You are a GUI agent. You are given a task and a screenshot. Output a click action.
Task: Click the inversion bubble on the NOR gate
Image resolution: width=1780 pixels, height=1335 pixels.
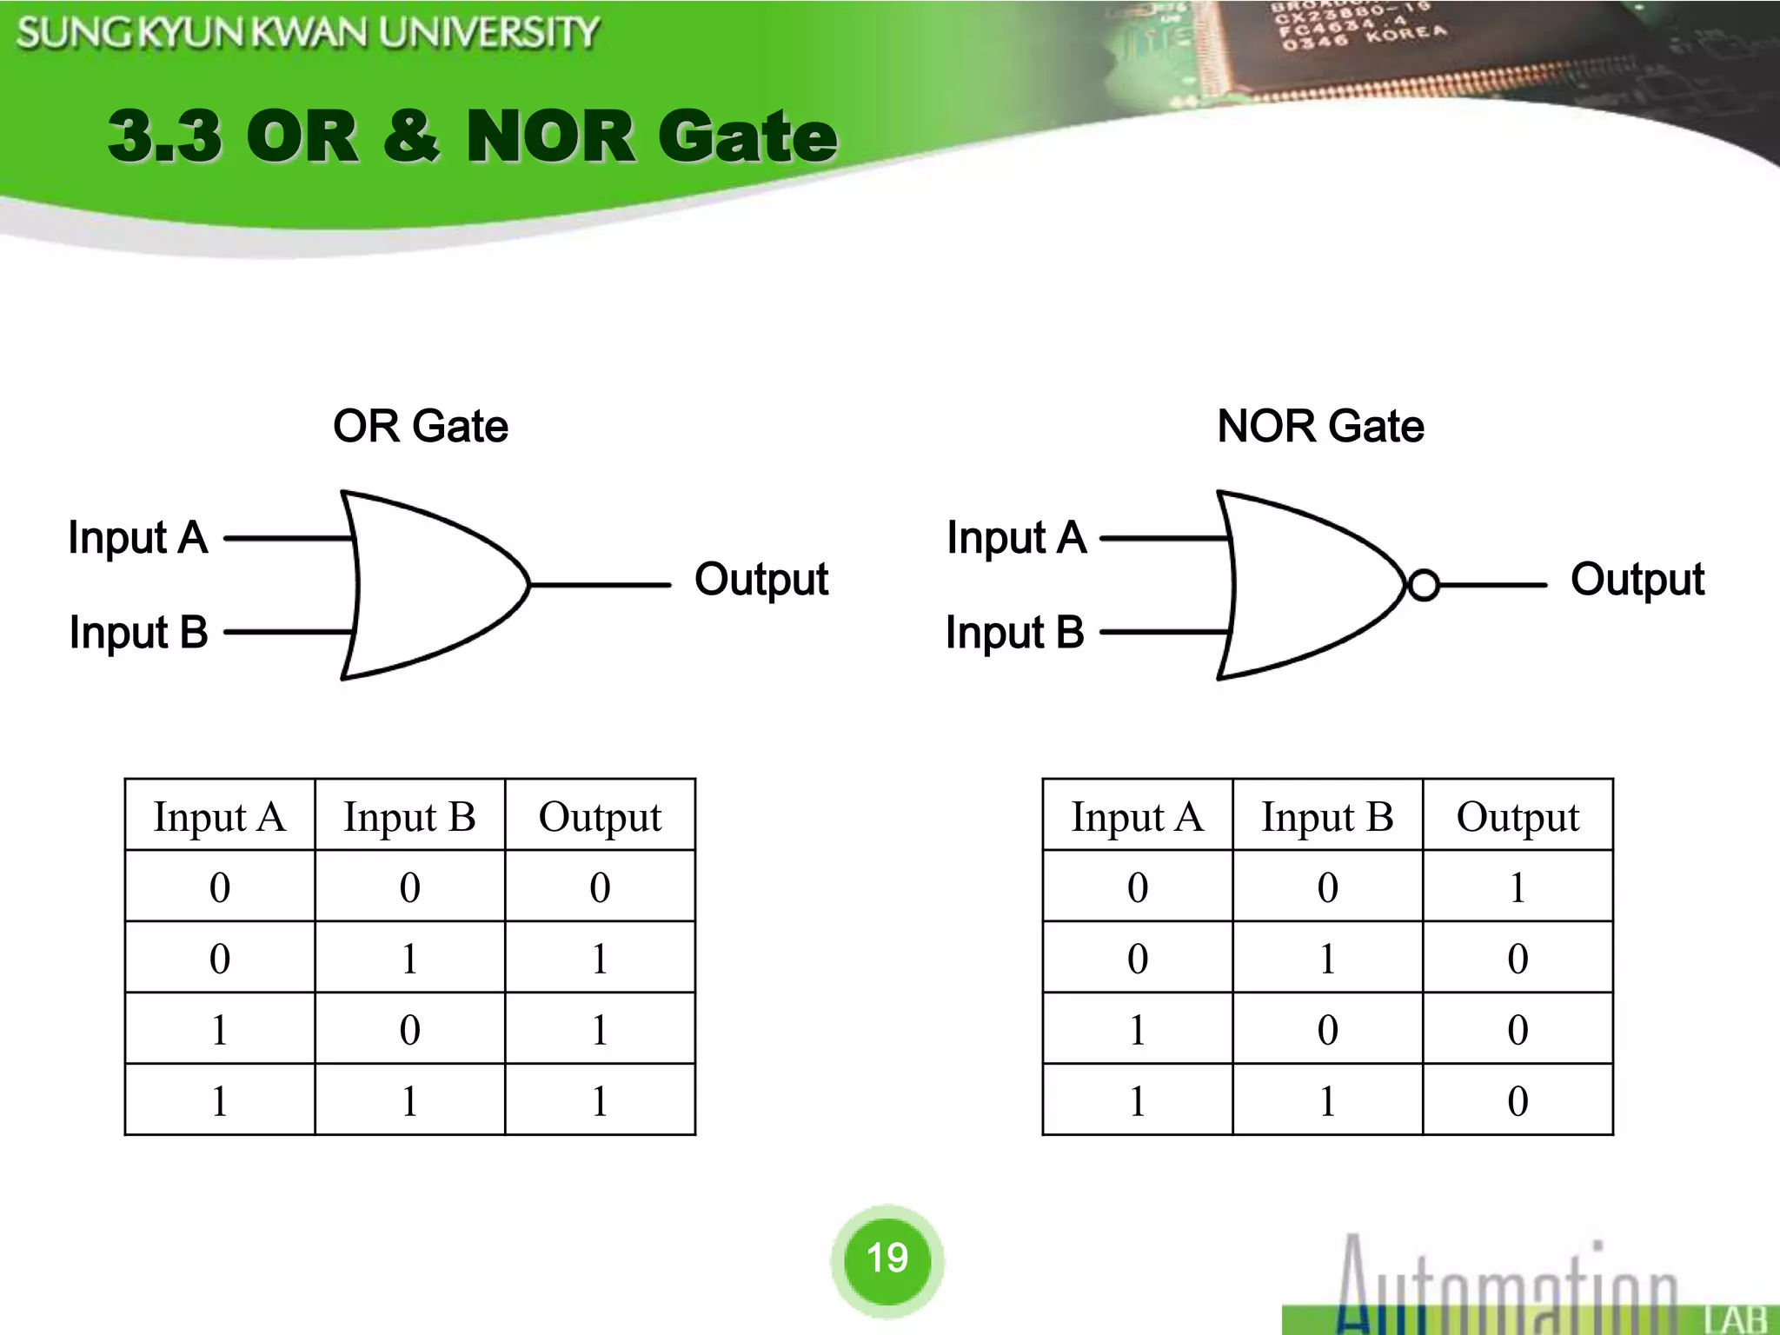[1423, 585]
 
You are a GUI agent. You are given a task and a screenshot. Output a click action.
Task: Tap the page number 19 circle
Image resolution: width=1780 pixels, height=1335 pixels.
[887, 1258]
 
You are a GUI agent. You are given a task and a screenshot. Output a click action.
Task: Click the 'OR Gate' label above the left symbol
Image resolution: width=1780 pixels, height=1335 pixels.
[421, 426]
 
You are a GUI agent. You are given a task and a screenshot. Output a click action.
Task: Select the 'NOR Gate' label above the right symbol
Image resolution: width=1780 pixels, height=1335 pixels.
[1320, 426]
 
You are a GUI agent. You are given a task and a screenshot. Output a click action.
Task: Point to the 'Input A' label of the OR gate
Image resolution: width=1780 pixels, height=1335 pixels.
[138, 537]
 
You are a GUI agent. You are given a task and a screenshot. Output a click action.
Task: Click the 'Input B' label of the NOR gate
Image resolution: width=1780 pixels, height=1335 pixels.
[1015, 632]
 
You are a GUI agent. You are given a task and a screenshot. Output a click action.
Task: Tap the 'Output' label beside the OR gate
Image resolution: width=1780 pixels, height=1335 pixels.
[761, 580]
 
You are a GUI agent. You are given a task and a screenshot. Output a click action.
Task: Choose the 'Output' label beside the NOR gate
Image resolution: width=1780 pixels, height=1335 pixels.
[1637, 580]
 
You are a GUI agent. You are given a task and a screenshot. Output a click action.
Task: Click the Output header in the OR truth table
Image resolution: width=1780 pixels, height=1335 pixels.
[600, 817]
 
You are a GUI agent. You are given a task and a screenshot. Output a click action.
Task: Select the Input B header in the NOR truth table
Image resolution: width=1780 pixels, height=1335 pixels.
[1327, 817]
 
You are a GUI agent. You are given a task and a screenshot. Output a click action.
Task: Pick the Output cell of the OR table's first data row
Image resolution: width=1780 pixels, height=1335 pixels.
[600, 887]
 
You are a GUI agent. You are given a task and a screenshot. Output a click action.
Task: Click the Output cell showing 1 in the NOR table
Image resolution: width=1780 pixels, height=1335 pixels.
[1518, 887]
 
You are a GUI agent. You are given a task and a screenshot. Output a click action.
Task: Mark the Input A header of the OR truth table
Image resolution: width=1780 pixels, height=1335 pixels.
[220, 817]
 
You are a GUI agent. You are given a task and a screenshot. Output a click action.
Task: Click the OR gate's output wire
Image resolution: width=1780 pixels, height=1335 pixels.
[600, 585]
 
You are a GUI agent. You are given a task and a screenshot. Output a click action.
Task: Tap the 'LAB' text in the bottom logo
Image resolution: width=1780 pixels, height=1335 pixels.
[1737, 1319]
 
